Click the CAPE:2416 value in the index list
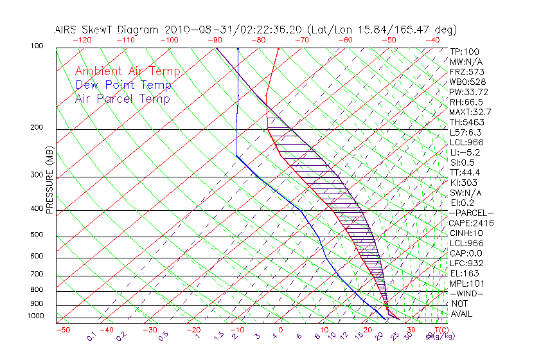coord(471,223)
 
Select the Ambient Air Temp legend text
coord(127,71)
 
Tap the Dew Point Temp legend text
coord(123,85)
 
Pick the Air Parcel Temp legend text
coord(123,98)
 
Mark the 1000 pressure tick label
coord(36,316)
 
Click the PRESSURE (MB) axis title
coord(49,179)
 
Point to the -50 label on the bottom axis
coord(62,330)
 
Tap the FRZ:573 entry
coord(466,71)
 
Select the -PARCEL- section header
coord(472,213)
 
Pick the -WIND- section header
coord(467,293)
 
